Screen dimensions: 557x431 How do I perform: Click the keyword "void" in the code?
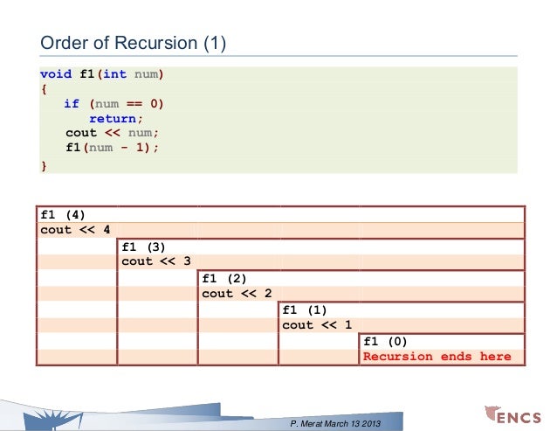click(56, 74)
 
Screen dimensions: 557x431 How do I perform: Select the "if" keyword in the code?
click(72, 104)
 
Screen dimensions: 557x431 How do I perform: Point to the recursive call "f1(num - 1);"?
click(113, 148)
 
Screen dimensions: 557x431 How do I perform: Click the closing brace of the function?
click(44, 163)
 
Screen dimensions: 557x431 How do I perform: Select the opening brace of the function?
click(44, 89)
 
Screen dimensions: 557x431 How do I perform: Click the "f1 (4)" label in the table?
click(63, 214)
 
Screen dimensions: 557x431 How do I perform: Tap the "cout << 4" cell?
click(76, 230)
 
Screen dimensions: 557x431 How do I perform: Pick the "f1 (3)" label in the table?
click(144, 246)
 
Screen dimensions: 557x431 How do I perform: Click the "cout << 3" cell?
click(156, 261)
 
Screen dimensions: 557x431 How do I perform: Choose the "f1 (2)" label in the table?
click(224, 278)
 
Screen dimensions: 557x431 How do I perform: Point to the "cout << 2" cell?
click(237, 294)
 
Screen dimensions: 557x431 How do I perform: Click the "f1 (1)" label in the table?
click(305, 309)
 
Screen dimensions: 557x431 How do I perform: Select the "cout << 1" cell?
click(317, 325)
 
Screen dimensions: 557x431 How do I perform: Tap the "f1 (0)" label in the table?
click(385, 341)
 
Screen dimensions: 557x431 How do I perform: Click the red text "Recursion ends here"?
click(437, 357)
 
